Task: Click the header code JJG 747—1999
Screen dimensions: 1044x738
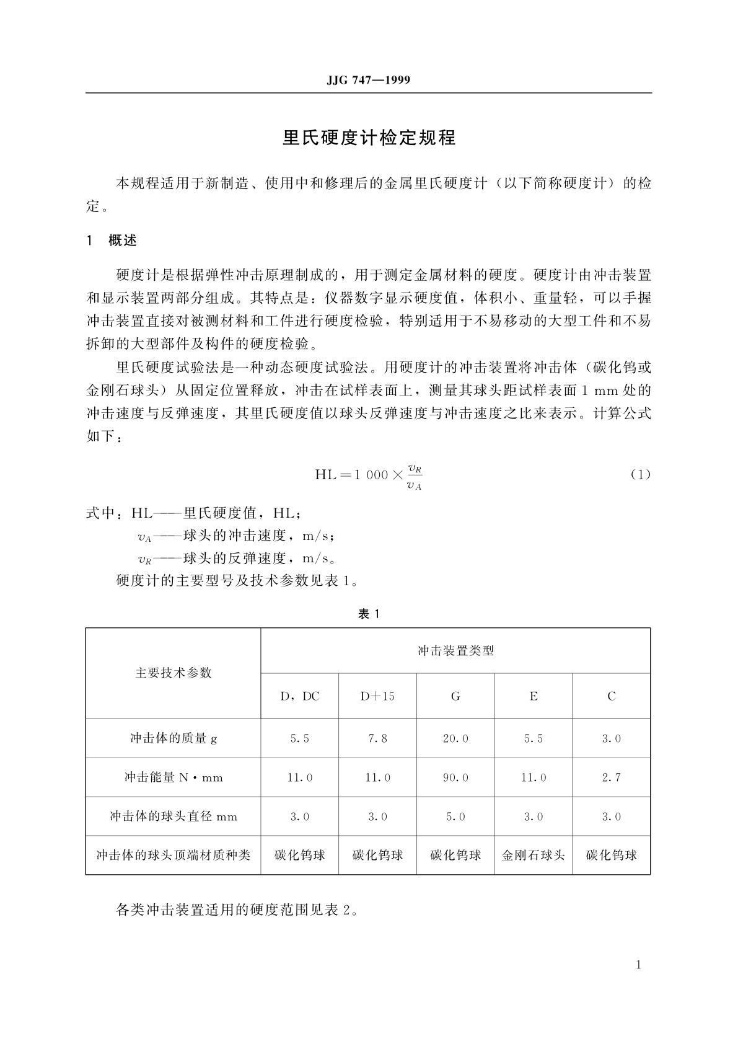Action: tap(368, 81)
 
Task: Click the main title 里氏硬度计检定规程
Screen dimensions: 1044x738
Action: tap(369, 138)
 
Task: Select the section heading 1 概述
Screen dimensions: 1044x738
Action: tap(112, 241)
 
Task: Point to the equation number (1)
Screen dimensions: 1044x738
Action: tap(641, 475)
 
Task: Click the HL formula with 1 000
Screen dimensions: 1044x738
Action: tap(369, 476)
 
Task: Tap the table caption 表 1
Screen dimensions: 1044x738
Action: tap(369, 614)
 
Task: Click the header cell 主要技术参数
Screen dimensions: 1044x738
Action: tap(173, 673)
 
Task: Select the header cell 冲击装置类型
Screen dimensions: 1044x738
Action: tap(455, 651)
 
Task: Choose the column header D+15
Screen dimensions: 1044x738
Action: tap(377, 696)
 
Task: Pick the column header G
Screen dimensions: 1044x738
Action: tap(455, 696)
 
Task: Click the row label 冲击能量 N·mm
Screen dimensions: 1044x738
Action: tap(173, 777)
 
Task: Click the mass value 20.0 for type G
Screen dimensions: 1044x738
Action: tap(455, 738)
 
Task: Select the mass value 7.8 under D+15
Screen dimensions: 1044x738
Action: tap(377, 738)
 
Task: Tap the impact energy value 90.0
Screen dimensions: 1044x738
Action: tap(455, 777)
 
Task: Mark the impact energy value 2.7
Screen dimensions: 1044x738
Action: tap(611, 777)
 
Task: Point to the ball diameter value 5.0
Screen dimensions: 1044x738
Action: tap(455, 816)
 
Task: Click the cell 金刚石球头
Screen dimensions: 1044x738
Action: tap(533, 856)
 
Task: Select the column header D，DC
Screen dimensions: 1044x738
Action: tap(300, 696)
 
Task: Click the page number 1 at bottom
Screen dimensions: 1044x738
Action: tap(638, 965)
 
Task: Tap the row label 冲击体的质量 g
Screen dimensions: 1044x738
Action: tap(173, 738)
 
